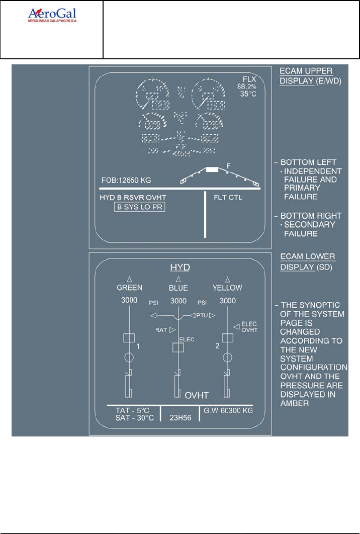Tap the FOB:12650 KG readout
(126, 180)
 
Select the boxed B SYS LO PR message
(140, 207)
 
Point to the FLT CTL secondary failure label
(228, 197)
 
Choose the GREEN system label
(130, 288)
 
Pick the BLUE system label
(178, 288)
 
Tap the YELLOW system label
(227, 288)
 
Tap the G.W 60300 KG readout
(228, 410)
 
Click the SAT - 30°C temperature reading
(134, 418)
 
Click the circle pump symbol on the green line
(129, 357)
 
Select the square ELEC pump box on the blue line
(177, 347)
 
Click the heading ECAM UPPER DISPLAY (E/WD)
(306, 75)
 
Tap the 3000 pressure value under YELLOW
(227, 301)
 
